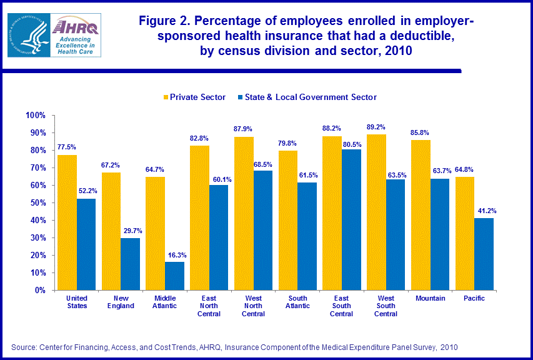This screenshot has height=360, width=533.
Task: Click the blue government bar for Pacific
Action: pos(484,254)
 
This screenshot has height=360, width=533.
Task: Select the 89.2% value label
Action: pos(377,128)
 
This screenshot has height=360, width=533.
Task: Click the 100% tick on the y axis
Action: pos(36,116)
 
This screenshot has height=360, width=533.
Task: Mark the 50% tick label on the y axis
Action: pos(37,203)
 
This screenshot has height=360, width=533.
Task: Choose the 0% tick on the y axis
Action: pos(40,291)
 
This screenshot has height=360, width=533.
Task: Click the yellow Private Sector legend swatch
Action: pos(166,97)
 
